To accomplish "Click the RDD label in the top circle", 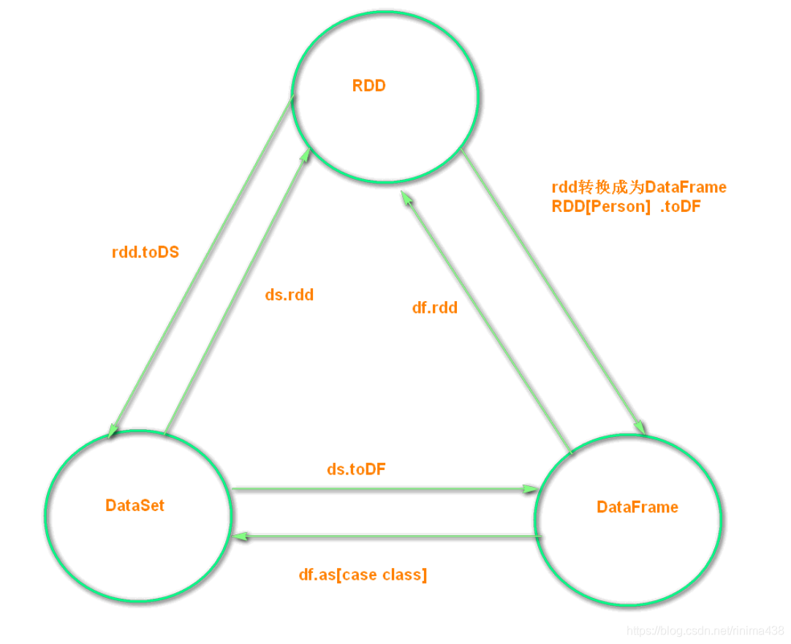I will [368, 86].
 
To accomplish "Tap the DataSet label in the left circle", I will [135, 505].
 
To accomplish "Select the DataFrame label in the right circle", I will [637, 507].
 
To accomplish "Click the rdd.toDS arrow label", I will [145, 253].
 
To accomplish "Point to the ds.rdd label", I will [288, 295].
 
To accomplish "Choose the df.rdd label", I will [434, 308].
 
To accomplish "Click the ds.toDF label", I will [356, 469].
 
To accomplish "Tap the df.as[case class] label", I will [363, 575].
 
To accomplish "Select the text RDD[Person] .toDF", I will [626, 207].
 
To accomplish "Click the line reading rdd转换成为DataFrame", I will [639, 187].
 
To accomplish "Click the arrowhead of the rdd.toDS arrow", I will [112, 432].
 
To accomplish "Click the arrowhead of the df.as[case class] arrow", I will [238, 537].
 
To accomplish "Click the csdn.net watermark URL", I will [705, 630].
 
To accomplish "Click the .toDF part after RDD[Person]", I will [679, 207].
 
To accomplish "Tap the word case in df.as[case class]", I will [360, 575].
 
